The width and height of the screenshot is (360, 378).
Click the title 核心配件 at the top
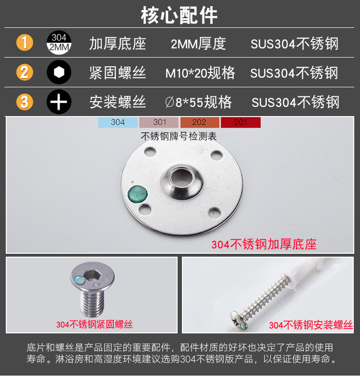click(179, 15)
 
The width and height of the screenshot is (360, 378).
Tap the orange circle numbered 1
click(24, 43)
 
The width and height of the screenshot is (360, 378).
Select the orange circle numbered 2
click(24, 72)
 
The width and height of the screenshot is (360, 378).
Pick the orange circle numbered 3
click(24, 102)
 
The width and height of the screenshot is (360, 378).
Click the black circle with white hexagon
click(59, 72)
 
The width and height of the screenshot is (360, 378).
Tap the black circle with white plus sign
click(59, 102)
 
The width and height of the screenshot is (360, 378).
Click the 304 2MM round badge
click(59, 43)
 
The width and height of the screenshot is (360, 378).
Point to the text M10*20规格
click(200, 72)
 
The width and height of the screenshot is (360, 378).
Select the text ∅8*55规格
click(198, 102)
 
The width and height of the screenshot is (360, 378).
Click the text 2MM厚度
click(198, 44)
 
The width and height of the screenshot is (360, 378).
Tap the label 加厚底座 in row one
click(118, 44)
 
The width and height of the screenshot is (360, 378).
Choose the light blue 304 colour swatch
click(118, 122)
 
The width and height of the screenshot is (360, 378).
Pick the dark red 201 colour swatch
click(240, 122)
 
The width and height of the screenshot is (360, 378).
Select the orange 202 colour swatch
click(200, 122)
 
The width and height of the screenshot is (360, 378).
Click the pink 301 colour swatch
click(159, 122)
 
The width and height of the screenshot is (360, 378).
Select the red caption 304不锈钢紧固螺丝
click(95, 324)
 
